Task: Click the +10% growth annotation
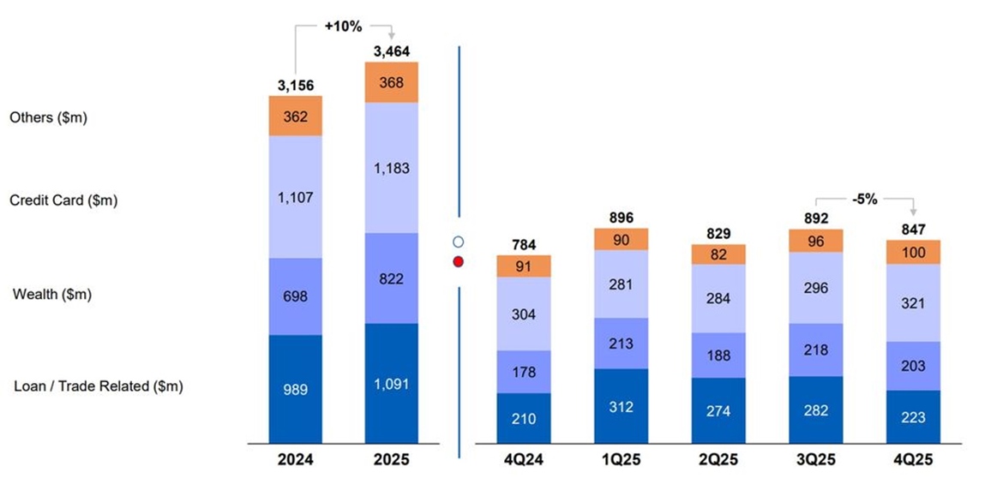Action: (x=343, y=27)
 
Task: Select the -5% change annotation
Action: (x=865, y=199)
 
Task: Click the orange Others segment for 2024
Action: (x=295, y=116)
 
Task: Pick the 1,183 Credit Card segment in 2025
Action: (x=392, y=168)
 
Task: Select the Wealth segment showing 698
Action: (x=295, y=296)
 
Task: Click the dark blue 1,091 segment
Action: (x=392, y=384)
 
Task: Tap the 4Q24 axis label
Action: (x=524, y=460)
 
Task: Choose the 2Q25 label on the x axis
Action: (x=718, y=460)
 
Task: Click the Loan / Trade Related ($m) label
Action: (x=99, y=386)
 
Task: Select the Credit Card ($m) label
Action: (x=64, y=200)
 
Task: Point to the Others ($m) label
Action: (x=49, y=117)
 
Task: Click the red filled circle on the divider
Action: (x=459, y=261)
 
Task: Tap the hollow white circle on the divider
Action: (x=459, y=242)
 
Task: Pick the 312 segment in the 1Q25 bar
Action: (x=621, y=406)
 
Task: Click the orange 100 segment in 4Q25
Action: (x=913, y=252)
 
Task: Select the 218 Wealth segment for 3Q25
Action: (x=816, y=350)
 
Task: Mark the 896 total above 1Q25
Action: (x=621, y=218)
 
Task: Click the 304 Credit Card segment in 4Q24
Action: (x=524, y=314)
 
